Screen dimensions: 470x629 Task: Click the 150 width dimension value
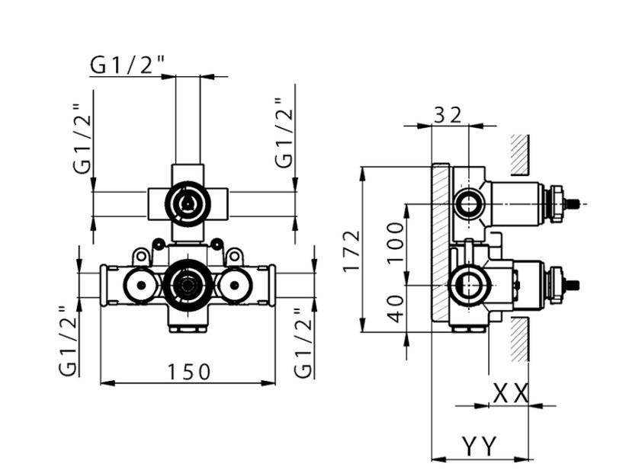click(x=189, y=372)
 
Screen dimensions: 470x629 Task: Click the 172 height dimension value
click(x=350, y=250)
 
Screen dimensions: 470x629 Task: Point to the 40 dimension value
click(x=395, y=309)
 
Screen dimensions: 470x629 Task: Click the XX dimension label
click(x=510, y=394)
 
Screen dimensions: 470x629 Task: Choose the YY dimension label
click(x=479, y=445)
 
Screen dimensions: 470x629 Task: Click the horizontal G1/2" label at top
click(x=127, y=66)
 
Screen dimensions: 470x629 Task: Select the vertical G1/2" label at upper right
click(x=284, y=134)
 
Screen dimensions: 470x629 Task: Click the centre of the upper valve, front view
click(x=187, y=202)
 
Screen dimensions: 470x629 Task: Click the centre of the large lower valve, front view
click(x=185, y=286)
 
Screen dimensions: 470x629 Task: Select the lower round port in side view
click(x=469, y=286)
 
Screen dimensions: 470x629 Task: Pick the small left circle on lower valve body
click(x=140, y=286)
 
